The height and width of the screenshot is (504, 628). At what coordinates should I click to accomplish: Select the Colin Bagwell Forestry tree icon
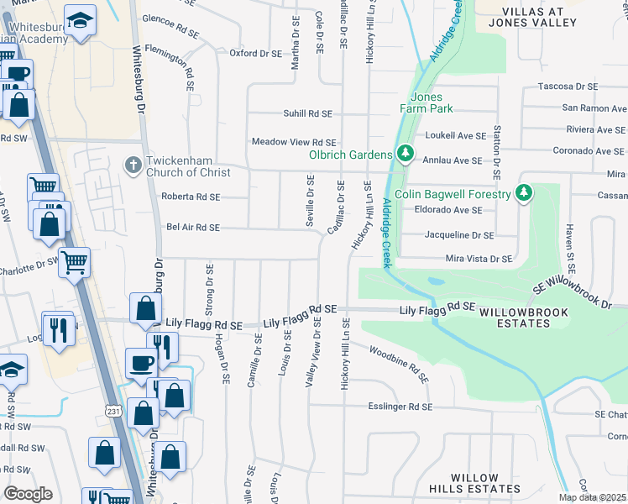524,194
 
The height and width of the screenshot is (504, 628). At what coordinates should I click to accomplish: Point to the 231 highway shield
113,408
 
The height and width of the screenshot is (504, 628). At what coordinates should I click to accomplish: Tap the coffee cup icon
140,362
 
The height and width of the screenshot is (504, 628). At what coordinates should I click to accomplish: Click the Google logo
27,493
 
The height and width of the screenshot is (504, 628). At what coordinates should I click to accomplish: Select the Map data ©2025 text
592,497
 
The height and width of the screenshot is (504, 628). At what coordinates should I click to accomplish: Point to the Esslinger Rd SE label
400,407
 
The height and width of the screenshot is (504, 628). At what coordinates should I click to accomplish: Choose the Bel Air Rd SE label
193,227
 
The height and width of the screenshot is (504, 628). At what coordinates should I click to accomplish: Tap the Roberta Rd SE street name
191,197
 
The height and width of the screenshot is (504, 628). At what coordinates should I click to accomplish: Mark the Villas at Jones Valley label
551,17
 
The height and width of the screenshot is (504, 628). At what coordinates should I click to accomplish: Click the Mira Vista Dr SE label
479,259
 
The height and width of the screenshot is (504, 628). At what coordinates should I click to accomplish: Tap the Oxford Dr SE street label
257,53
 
